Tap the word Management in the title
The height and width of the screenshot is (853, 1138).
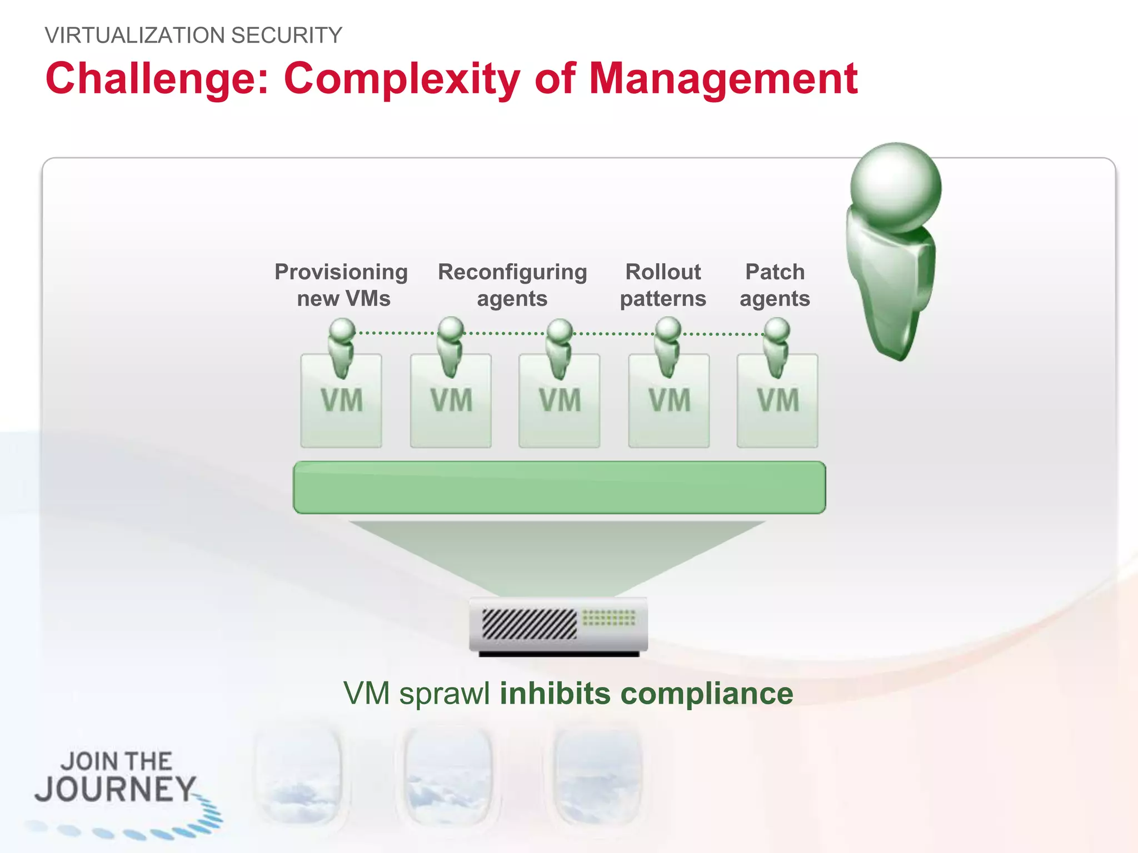tap(723, 79)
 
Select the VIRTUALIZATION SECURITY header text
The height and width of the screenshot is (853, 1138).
tap(193, 36)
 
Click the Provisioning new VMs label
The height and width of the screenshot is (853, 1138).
tap(342, 285)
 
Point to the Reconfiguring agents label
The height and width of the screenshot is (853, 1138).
tap(512, 285)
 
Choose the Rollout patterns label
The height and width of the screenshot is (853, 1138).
tap(663, 285)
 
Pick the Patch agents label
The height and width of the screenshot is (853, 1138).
tap(775, 285)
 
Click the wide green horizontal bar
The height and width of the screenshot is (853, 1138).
tap(559, 488)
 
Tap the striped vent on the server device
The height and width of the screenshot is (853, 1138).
tap(529, 624)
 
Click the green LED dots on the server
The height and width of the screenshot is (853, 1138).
tap(609, 618)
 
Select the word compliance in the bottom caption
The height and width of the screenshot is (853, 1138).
tap(706, 694)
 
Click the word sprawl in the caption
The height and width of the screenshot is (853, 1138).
tap(445, 694)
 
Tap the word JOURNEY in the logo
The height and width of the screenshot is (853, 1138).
tap(115, 789)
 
